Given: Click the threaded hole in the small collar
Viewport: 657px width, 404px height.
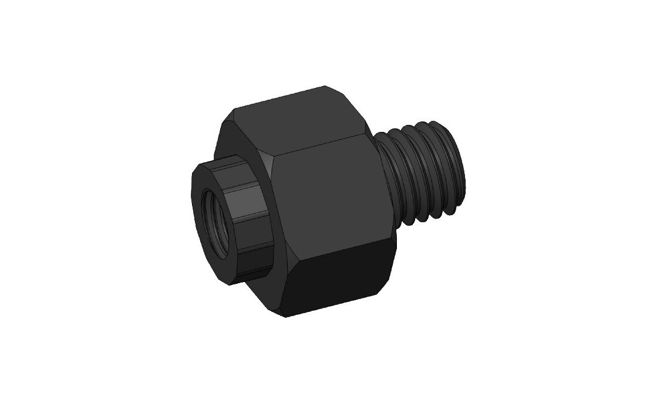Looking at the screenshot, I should tap(216, 223).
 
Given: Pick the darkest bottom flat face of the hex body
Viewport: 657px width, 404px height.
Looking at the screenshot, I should tap(341, 281).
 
